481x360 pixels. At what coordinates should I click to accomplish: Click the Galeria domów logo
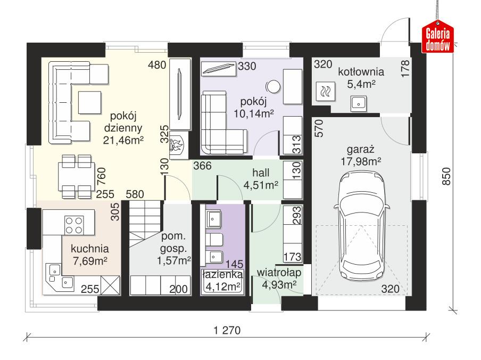(x=438, y=38)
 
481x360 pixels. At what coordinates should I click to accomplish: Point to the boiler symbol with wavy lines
(x=325, y=92)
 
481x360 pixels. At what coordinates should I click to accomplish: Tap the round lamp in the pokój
(x=273, y=86)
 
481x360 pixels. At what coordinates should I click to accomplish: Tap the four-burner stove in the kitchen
(x=74, y=224)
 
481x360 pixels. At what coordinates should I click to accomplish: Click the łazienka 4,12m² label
(x=222, y=281)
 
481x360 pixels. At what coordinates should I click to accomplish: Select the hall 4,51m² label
(x=262, y=179)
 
